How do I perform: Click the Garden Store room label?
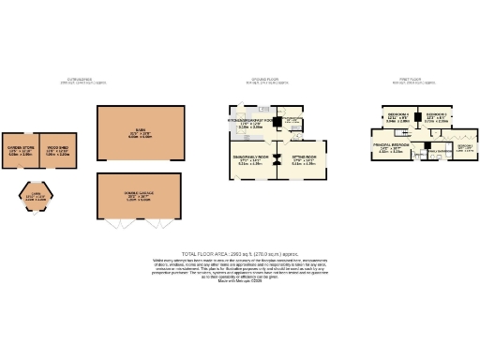(20, 149)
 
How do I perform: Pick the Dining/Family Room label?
(250, 159)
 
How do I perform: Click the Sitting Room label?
(303, 159)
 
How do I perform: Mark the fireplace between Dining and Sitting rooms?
(277, 161)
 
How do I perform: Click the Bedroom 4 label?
(397, 117)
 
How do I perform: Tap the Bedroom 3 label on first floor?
(435, 117)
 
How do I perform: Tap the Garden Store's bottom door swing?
(20, 171)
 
